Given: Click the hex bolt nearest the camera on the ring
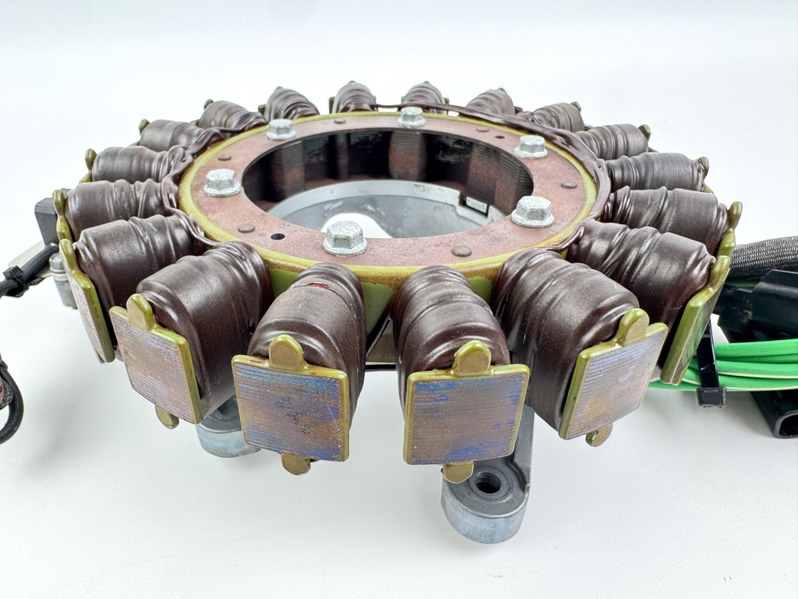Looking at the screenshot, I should click(344, 237).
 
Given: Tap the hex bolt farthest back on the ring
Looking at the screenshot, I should click(411, 117).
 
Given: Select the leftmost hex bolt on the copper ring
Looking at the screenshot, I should click(222, 183).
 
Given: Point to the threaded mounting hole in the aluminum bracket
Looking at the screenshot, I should click(488, 484).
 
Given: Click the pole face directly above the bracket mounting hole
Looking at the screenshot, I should click(465, 413).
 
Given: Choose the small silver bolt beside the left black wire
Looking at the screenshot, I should click(57, 265).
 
